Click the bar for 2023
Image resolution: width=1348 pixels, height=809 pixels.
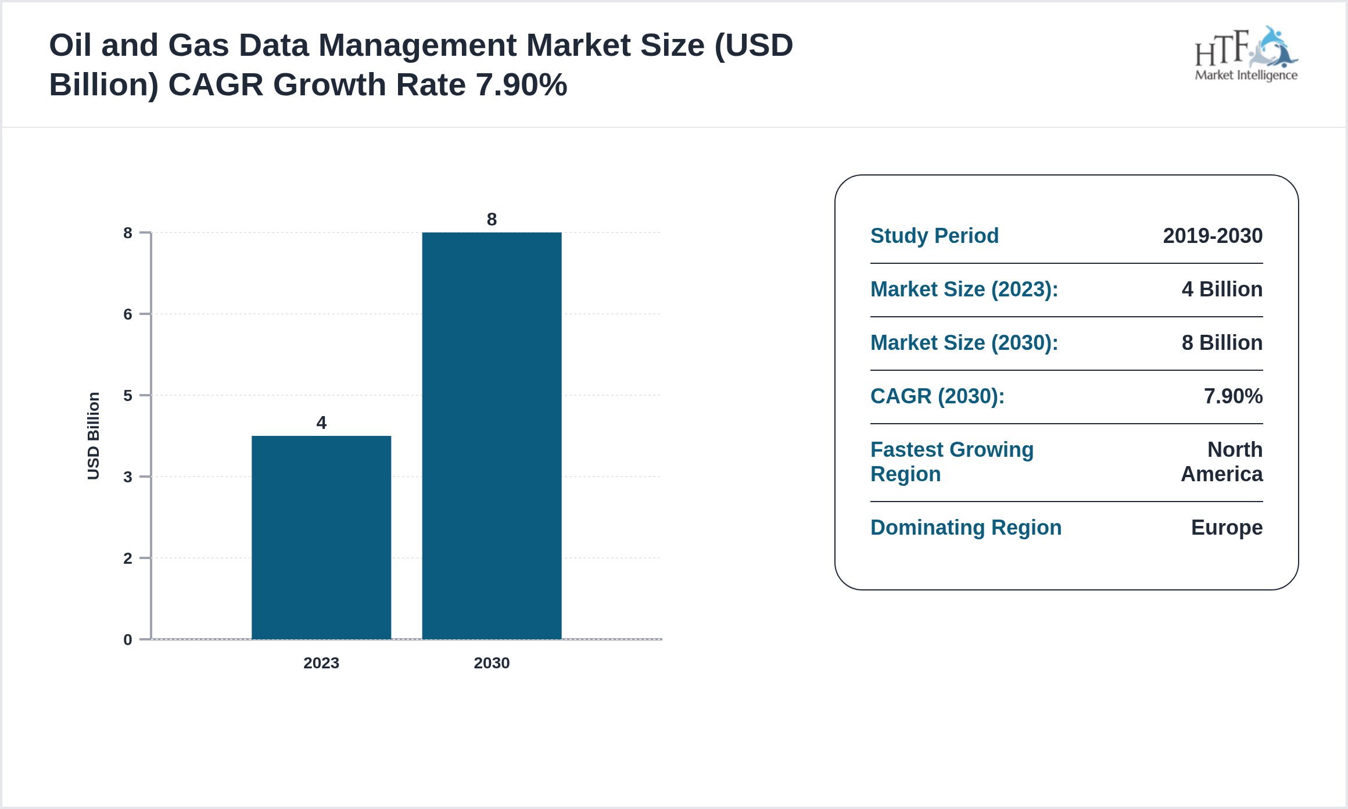321,537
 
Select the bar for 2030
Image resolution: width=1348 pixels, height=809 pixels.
492,435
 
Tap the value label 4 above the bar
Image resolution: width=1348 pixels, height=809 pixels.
321,423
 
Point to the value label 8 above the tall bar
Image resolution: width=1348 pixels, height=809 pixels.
492,219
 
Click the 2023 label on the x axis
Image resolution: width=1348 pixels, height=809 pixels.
321,663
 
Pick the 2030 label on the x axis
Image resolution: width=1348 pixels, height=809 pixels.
492,663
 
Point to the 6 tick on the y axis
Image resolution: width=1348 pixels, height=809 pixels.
128,314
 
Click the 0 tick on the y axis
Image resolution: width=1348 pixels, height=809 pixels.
128,640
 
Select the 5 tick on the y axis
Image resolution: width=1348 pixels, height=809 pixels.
128,396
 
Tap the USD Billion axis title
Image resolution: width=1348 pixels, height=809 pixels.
93,436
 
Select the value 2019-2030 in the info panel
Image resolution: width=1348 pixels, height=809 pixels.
1212,236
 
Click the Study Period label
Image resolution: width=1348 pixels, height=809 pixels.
934,236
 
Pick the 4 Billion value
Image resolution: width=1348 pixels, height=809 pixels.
1221,289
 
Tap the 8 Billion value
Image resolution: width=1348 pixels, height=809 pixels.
1221,343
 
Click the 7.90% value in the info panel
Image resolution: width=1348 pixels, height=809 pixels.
1232,396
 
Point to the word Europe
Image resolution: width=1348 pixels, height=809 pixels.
1226,528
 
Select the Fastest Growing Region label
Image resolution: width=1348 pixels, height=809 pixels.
952,462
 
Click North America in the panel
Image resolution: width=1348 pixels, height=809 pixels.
1221,462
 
